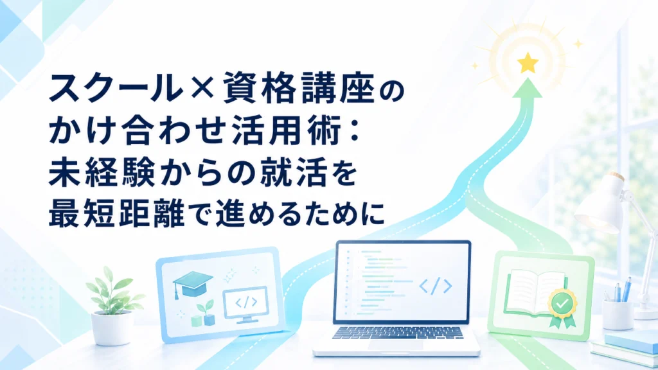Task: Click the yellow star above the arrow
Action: coord(528,63)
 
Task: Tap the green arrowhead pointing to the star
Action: coord(528,88)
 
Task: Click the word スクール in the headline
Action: coord(116,87)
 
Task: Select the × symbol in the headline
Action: coord(202,89)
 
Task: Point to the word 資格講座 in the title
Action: coord(298,87)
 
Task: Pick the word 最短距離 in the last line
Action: coord(117,213)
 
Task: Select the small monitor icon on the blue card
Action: coord(246,304)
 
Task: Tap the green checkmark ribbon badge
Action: coord(562,308)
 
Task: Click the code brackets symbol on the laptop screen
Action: coord(436,286)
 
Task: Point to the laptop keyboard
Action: coord(397,332)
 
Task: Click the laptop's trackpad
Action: coord(396,344)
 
